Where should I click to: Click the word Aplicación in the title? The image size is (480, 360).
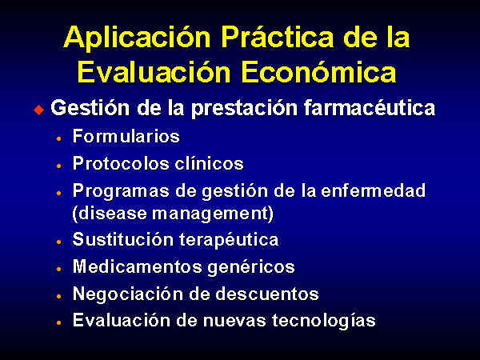pyautogui.click(x=137, y=38)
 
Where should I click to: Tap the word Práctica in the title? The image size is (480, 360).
pyautogui.click(x=278, y=37)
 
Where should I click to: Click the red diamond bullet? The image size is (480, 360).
pyautogui.click(x=39, y=110)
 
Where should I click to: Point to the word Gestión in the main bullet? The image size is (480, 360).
pyautogui.click(x=90, y=108)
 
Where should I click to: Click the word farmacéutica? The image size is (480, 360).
pyautogui.click(x=370, y=108)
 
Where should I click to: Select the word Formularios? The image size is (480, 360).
pyautogui.click(x=126, y=136)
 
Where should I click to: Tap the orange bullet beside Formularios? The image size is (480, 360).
pyautogui.click(x=59, y=138)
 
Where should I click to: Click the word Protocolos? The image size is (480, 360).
pyautogui.click(x=121, y=163)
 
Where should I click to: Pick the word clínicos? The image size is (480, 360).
pyautogui.click(x=209, y=163)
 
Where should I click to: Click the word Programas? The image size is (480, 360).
pyautogui.click(x=122, y=192)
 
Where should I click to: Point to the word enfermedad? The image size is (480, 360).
pyautogui.click(x=373, y=190)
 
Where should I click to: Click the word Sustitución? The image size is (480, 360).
pyautogui.click(x=123, y=239)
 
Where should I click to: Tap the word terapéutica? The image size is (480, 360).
pyautogui.click(x=229, y=240)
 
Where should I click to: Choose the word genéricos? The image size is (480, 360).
pyautogui.click(x=251, y=267)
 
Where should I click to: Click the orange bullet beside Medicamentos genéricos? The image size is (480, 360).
pyautogui.click(x=59, y=269)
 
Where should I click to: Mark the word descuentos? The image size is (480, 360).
pyautogui.click(x=267, y=294)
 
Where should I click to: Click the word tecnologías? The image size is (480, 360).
pyautogui.click(x=323, y=321)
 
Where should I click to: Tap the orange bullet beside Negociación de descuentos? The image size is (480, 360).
pyautogui.click(x=59, y=296)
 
